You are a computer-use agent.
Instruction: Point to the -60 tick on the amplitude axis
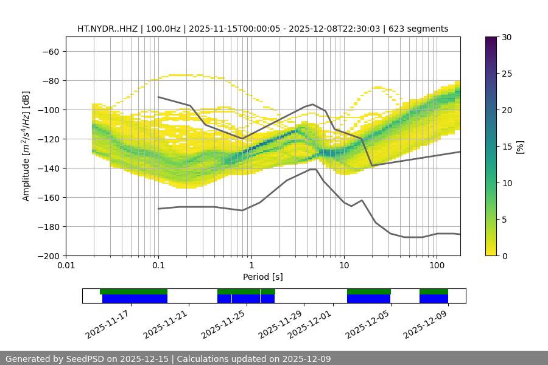click(51, 51)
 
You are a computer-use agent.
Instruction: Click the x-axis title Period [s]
click(262, 277)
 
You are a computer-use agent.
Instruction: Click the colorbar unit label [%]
click(520, 147)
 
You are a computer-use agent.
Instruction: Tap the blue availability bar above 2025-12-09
click(434, 299)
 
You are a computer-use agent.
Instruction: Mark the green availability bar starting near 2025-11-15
click(133, 291)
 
